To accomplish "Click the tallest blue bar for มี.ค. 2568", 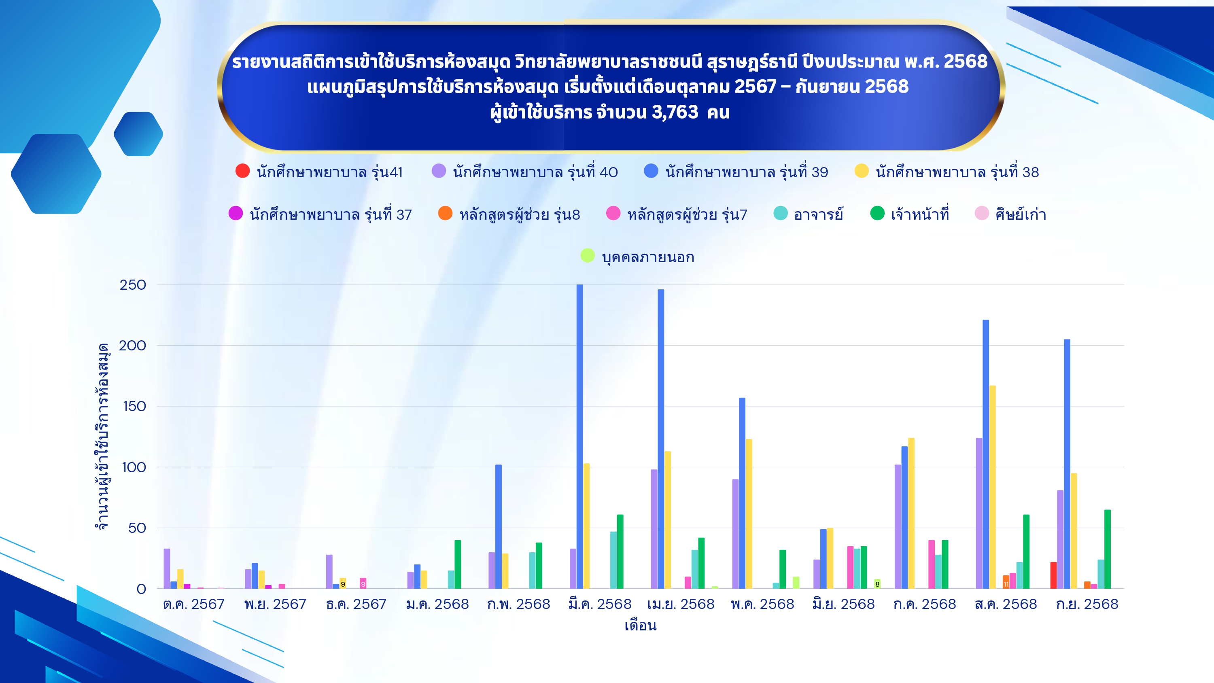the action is point(579,437).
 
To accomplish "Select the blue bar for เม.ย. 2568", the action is point(661,439).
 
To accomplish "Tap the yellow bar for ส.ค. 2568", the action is point(993,487).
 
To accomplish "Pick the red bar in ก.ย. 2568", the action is point(1053,575).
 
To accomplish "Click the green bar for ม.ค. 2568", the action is point(458,564).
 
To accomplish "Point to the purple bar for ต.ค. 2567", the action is point(167,568).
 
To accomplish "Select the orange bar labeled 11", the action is point(1006,582).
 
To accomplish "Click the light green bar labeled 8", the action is point(877,584).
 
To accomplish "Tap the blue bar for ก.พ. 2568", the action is point(498,526).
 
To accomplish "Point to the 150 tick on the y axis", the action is point(134,406).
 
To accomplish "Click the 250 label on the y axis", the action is point(133,285).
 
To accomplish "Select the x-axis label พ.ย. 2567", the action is point(275,604).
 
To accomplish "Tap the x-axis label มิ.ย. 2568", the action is point(844,604).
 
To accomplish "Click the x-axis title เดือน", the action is point(641,626).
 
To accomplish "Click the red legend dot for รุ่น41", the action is point(243,171).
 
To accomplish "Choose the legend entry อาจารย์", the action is point(808,214).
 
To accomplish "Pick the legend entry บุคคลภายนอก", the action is point(637,257).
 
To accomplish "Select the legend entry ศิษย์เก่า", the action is point(1010,214).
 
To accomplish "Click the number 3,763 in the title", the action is point(675,112).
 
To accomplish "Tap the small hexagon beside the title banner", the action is point(138,134).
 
